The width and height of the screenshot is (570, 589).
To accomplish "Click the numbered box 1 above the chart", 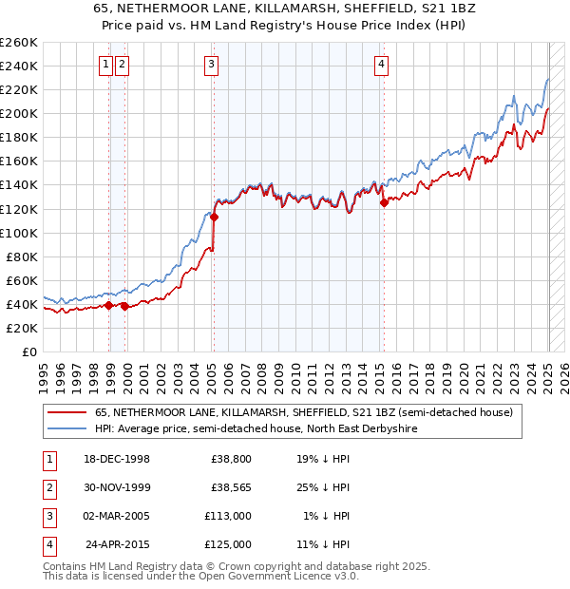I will point(106,65).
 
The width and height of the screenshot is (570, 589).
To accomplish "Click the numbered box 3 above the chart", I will point(210,65).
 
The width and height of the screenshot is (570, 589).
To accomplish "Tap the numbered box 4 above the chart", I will point(381,65).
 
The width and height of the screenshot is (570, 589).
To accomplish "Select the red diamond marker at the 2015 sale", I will point(384,201).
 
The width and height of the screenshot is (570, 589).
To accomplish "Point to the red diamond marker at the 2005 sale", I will point(214,217).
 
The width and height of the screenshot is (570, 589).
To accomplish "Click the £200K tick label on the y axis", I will point(19,113).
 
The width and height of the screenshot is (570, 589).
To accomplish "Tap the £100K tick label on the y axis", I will point(19,233).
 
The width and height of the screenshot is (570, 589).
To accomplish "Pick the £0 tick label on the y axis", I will point(28,351).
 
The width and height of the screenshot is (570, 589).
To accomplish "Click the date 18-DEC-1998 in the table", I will point(117,459).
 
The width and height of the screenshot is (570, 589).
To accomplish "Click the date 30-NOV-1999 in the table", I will point(118,487).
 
